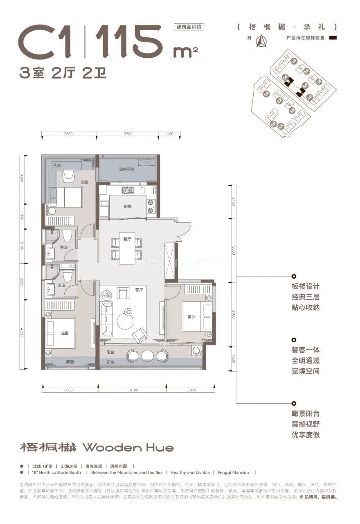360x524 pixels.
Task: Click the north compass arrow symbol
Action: click(x=260, y=41)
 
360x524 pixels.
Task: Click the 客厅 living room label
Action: click(x=139, y=289)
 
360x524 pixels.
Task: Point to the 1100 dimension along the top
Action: click(x=169, y=134)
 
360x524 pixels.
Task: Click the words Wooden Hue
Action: click(x=128, y=447)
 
